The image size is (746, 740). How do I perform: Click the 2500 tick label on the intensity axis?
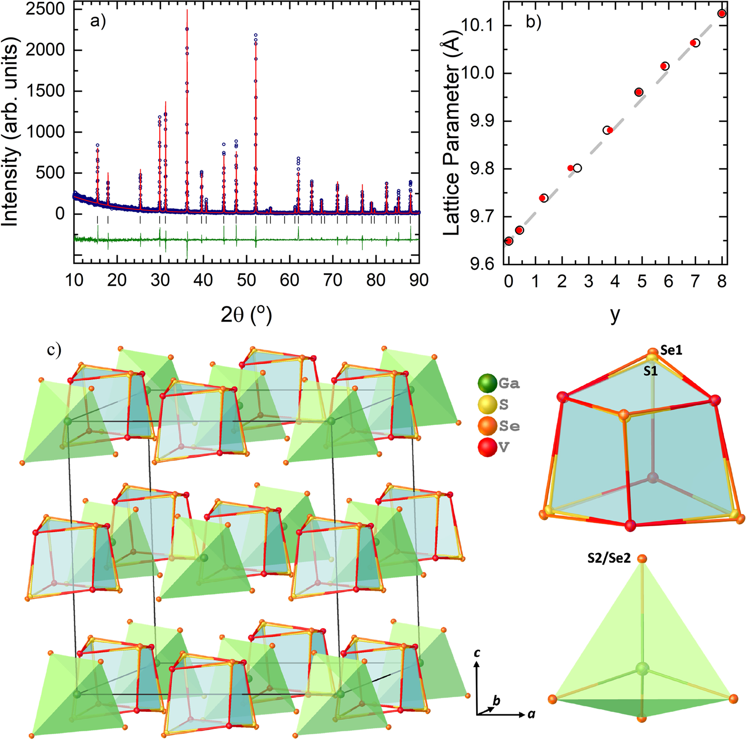click(45, 9)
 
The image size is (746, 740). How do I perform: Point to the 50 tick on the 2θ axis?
click(247, 280)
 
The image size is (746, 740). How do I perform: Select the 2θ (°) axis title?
click(246, 315)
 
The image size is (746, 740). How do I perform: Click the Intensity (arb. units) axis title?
click(11, 135)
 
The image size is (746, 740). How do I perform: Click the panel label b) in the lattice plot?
click(534, 22)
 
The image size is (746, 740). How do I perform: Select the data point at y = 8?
click(722, 14)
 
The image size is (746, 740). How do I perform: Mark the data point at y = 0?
click(508, 241)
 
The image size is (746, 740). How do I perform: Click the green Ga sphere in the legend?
click(487, 384)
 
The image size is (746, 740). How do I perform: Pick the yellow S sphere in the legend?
click(487, 405)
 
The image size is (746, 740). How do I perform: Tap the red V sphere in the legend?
click(487, 447)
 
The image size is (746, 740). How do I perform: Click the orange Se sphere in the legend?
click(487, 426)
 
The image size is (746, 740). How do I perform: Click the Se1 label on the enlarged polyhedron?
click(671, 350)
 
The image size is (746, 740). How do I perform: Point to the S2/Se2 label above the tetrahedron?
click(609, 558)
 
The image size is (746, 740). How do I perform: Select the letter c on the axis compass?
click(477, 653)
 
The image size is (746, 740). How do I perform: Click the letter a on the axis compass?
click(531, 714)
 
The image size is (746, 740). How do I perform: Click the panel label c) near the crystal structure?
click(54, 349)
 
